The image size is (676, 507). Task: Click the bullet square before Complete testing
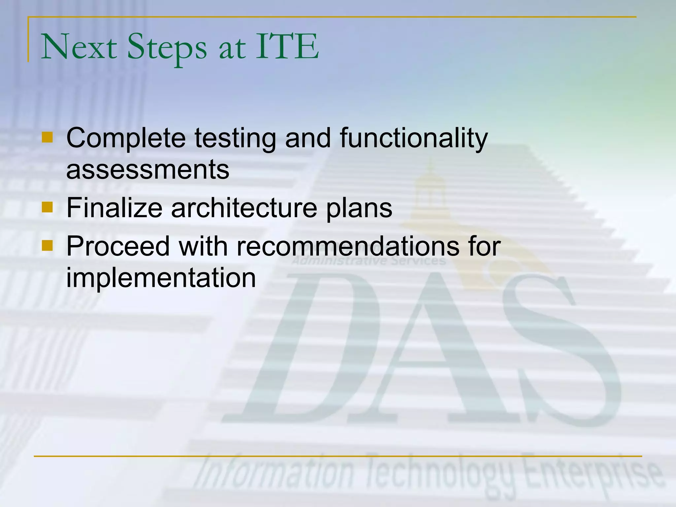[47, 137]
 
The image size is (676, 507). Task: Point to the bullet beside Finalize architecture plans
[47, 207]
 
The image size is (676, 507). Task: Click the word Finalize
[114, 208]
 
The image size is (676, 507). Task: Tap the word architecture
[244, 208]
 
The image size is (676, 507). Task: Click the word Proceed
[118, 246]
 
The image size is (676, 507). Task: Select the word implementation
[161, 278]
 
